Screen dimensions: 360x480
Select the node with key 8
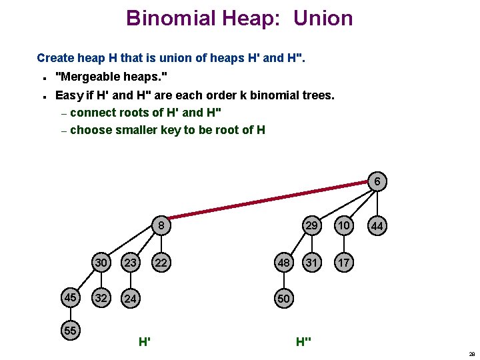(x=161, y=225)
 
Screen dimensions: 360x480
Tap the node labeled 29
(x=311, y=226)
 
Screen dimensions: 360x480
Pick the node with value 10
(x=343, y=226)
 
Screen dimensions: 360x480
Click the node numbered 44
(x=377, y=227)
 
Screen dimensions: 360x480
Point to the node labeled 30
(x=101, y=263)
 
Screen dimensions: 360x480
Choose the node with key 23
(x=131, y=263)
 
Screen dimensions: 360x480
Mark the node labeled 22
(x=161, y=263)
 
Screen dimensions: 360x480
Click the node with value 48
(x=284, y=263)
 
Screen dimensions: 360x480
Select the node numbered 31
(x=311, y=263)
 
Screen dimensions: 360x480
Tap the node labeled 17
(x=343, y=263)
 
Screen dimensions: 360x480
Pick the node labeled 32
(x=101, y=298)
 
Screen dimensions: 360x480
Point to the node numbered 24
(x=131, y=298)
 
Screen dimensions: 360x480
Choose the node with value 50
(x=284, y=298)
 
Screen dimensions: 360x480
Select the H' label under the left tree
(x=144, y=342)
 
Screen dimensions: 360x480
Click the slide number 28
(x=471, y=355)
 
